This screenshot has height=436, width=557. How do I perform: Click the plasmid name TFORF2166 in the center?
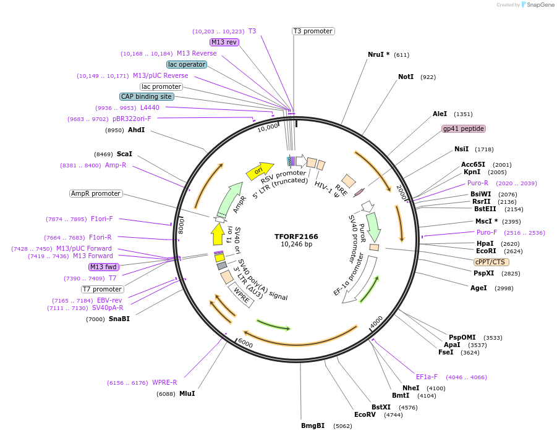pyautogui.click(x=296, y=237)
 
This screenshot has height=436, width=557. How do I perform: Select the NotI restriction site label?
pyautogui.click(x=406, y=77)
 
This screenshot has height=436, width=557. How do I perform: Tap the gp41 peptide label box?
pyautogui.click(x=464, y=128)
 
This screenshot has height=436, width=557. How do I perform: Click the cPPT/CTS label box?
pyautogui.click(x=491, y=262)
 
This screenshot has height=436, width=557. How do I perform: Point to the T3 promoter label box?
pyautogui.click(x=313, y=31)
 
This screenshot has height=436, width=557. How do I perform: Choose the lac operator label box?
pyautogui.click(x=187, y=64)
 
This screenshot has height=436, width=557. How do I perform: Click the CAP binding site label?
pyautogui.click(x=147, y=96)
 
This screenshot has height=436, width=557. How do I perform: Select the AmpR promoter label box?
pyautogui.click(x=96, y=193)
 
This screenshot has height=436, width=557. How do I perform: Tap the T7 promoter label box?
pyautogui.click(x=103, y=289)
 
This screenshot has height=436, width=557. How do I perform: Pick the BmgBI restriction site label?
pyautogui.click(x=313, y=426)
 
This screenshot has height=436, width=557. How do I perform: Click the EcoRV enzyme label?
pyautogui.click(x=365, y=414)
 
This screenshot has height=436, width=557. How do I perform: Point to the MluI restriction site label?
pyautogui.click(x=187, y=393)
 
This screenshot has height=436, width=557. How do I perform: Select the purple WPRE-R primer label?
pyautogui.click(x=164, y=382)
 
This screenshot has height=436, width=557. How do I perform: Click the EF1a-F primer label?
pyautogui.click(x=427, y=377)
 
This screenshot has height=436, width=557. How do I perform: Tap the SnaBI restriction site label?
pyautogui.click(x=119, y=319)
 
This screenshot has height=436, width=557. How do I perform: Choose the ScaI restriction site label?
pyautogui.click(x=124, y=154)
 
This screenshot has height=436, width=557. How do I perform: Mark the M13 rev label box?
pyautogui.click(x=224, y=42)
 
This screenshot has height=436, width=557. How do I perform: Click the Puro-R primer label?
pyautogui.click(x=478, y=183)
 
